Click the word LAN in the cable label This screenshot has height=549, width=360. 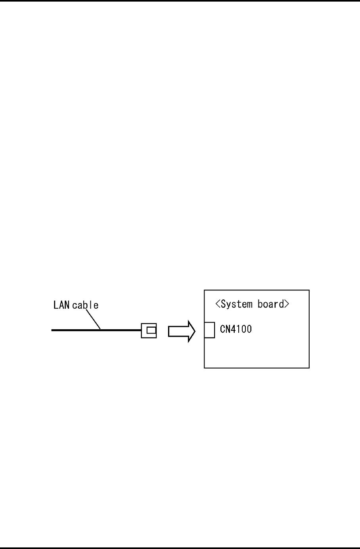tap(62, 305)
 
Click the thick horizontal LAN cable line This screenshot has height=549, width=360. tap(95, 329)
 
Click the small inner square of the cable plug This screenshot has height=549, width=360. tap(151, 330)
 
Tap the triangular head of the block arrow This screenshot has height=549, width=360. tap(191, 331)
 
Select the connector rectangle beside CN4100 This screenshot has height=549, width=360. tap(209, 330)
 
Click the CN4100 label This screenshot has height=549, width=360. tap(236, 329)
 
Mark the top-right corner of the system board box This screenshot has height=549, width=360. tap(309, 290)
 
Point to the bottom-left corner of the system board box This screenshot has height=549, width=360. tap(204, 368)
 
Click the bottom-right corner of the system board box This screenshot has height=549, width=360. tap(309, 368)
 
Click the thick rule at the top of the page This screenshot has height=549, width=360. tap(180, 1)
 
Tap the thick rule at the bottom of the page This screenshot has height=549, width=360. tap(180, 548)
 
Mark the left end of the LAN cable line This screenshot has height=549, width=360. tap(52, 329)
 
